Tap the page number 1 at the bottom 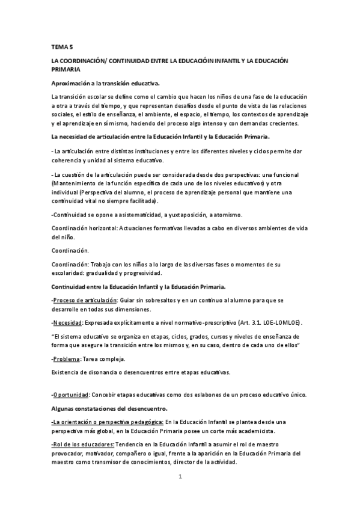180,477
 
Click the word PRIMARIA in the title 67,70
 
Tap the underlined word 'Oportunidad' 71,395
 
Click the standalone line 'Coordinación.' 70,250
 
